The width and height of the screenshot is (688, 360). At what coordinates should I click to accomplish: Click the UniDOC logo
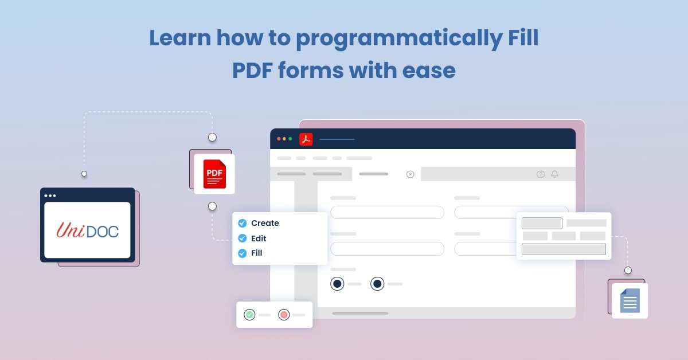point(87,230)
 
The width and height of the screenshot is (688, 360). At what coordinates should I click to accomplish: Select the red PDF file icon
point(214,174)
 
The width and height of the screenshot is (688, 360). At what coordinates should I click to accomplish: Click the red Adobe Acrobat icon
point(306,139)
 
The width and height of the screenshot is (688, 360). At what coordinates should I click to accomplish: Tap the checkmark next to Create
point(243,223)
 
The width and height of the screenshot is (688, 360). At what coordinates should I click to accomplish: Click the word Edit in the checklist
point(259,238)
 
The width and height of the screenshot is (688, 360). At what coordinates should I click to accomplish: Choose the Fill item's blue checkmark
point(243,253)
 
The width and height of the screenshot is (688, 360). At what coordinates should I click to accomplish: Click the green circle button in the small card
point(249,315)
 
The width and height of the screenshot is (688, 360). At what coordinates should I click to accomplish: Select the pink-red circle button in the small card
point(283,315)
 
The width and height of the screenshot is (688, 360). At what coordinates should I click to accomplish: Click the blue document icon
point(630,300)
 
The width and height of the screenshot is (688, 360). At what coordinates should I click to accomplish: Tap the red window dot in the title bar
point(279,139)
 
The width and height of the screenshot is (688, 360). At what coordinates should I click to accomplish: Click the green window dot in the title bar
point(290,139)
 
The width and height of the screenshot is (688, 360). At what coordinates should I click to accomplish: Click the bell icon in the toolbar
point(554,174)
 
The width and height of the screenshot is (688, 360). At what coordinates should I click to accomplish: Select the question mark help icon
point(541,174)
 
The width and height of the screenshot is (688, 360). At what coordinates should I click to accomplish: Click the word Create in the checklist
point(265,223)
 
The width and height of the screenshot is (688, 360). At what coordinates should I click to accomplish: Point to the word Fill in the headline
point(522,38)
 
